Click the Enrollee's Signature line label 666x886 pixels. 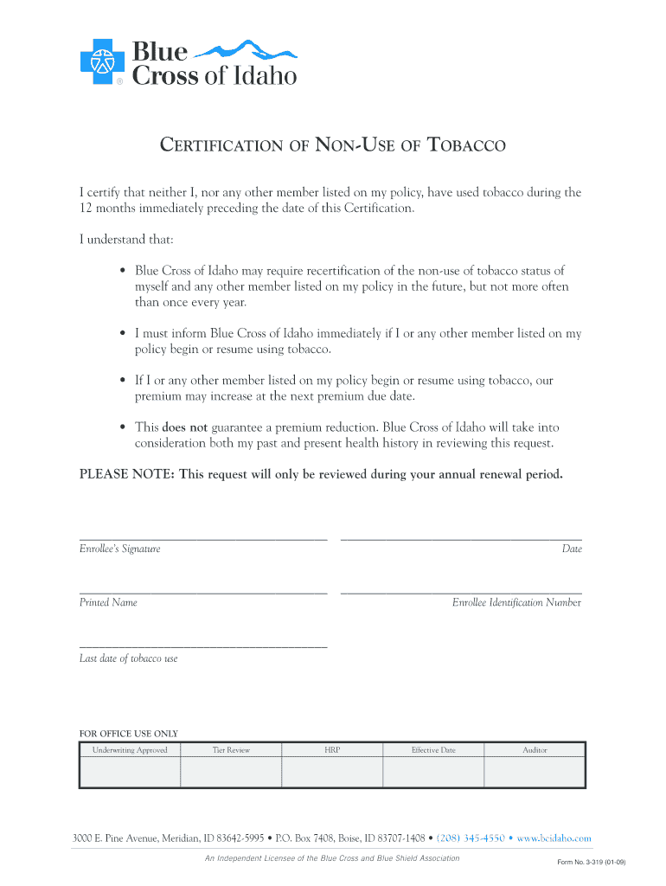(120, 549)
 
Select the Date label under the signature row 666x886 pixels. (572, 549)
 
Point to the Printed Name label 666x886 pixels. (108, 603)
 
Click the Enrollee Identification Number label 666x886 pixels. (516, 603)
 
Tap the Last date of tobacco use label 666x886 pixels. (129, 658)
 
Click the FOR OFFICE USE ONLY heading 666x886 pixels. (129, 734)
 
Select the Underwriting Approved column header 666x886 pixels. (130, 750)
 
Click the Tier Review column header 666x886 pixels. (231, 750)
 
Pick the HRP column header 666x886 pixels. (332, 750)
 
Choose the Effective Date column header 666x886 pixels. (433, 750)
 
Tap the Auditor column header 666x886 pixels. (535, 750)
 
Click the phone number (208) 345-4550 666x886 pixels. (471, 838)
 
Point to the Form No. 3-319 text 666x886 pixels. (592, 863)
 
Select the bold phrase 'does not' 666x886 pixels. (185, 427)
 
